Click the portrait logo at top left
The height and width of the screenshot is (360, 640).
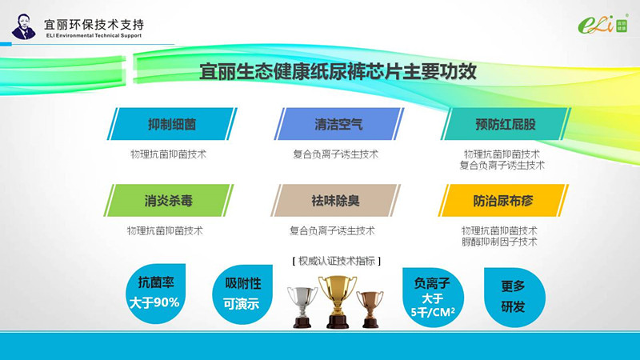[24, 27]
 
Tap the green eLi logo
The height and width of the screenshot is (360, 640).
[603, 25]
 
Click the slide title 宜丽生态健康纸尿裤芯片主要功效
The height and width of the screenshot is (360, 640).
[338, 71]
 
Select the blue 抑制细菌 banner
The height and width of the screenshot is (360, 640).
[172, 124]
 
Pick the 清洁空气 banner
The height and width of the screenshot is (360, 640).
[338, 124]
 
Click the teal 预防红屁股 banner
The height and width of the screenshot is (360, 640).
[506, 124]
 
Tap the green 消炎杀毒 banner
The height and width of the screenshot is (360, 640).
[169, 201]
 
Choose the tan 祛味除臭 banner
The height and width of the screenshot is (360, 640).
[335, 201]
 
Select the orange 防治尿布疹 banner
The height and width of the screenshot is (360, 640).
[503, 201]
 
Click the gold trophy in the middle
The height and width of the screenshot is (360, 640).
[338, 302]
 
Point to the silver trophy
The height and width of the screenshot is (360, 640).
[302, 307]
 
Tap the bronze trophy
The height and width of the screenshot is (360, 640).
[370, 309]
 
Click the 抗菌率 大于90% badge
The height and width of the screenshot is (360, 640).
[155, 294]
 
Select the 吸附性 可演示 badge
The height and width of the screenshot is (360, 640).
[242, 294]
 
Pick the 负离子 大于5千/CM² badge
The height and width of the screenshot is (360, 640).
[433, 297]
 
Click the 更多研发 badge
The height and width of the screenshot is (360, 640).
[514, 297]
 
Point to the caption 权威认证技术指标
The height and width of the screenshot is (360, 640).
[337, 261]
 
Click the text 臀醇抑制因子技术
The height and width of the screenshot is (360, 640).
[499, 242]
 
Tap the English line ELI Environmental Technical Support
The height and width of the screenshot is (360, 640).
[94, 35]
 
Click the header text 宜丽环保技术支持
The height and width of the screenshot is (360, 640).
[94, 25]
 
